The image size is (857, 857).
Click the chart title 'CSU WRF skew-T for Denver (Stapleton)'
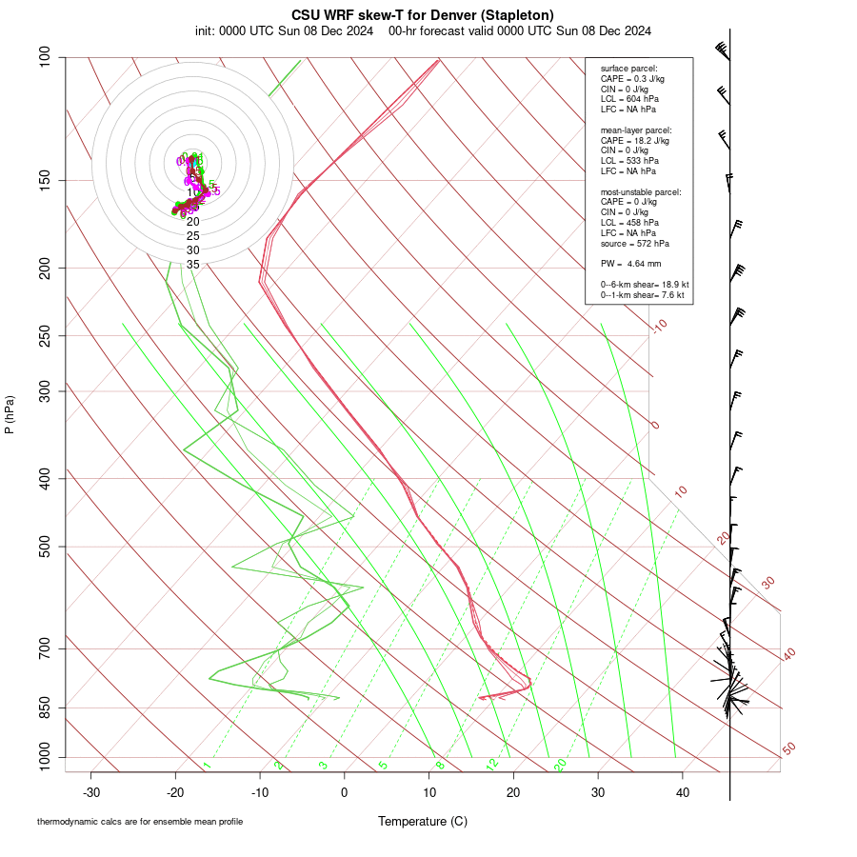tap(423, 14)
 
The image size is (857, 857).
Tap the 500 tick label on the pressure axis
tap(44, 547)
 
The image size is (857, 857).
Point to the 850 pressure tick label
tap(44, 708)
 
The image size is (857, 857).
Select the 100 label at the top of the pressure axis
tap(44, 58)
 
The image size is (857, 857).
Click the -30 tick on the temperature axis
tap(91, 792)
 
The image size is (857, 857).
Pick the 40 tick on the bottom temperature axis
tap(682, 792)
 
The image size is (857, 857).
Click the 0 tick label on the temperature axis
tap(345, 792)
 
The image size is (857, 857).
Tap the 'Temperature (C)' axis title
tap(423, 821)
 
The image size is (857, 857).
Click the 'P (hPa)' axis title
tap(10, 414)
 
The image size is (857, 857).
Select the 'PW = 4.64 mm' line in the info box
tap(630, 263)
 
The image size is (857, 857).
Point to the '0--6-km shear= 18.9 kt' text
tap(644, 284)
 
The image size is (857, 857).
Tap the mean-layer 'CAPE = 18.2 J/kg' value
tap(634, 140)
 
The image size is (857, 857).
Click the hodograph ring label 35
tap(193, 265)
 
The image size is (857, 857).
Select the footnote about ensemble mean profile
tap(140, 821)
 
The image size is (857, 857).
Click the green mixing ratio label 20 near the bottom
tap(560, 765)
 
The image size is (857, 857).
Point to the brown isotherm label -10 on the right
tap(659, 326)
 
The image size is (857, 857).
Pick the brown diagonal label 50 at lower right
tap(788, 749)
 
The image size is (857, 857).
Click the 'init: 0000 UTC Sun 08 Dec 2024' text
tap(284, 30)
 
